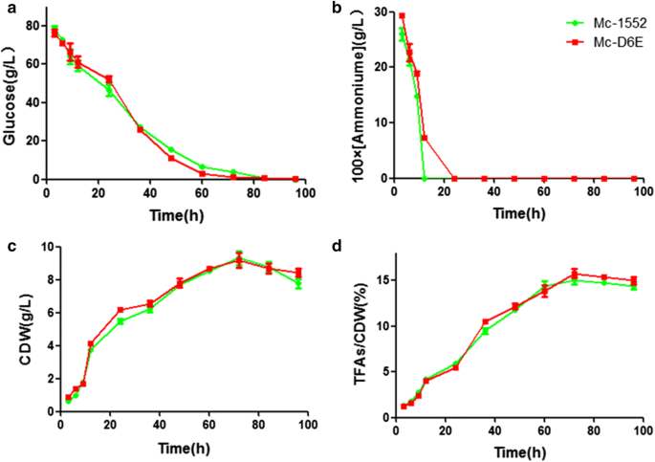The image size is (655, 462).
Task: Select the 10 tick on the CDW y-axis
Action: [43, 247]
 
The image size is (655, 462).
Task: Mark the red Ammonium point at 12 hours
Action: [425, 138]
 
